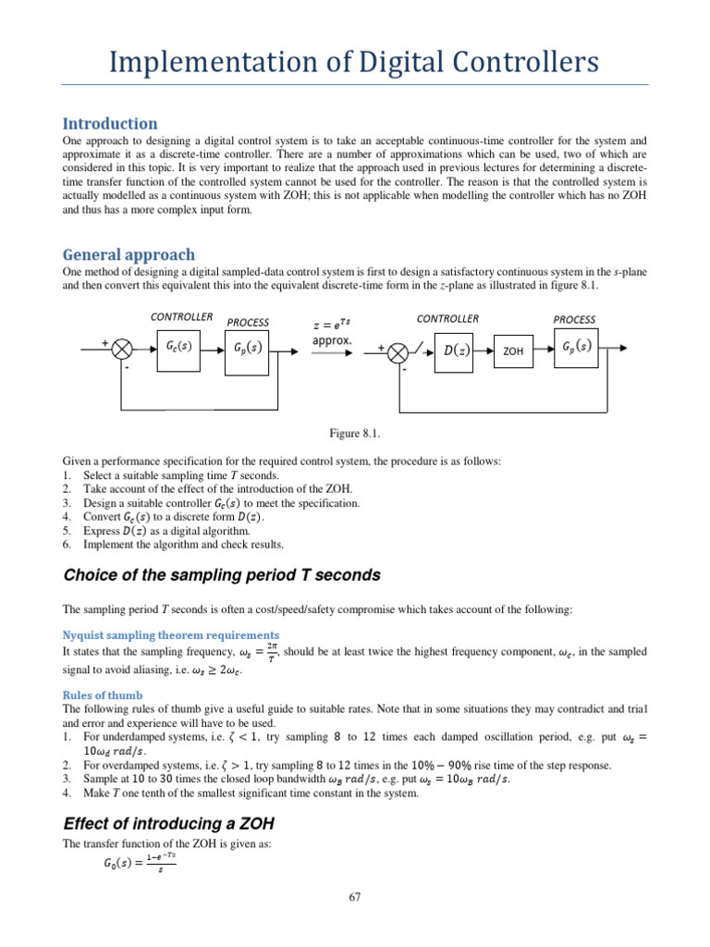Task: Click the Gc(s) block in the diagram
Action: pyautogui.click(x=177, y=348)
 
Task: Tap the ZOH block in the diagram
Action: pyautogui.click(x=513, y=351)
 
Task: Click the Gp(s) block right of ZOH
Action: pyautogui.click(x=576, y=348)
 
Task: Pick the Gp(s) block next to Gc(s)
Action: pyautogui.click(x=249, y=348)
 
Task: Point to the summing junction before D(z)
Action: pyautogui.click(x=398, y=351)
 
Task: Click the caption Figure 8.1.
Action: pyautogui.click(x=354, y=433)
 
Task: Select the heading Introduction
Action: pyautogui.click(x=109, y=123)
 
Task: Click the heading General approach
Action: pyautogui.click(x=129, y=254)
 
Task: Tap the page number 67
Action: pyautogui.click(x=355, y=897)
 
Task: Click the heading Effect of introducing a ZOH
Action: pyautogui.click(x=167, y=823)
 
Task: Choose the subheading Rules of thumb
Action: pyautogui.click(x=102, y=695)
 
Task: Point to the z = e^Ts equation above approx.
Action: pyautogui.click(x=332, y=323)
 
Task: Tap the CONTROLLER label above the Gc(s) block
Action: pyautogui.click(x=181, y=317)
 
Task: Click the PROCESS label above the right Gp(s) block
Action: pyautogui.click(x=574, y=319)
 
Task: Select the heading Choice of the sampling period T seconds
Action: pyautogui.click(x=221, y=574)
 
